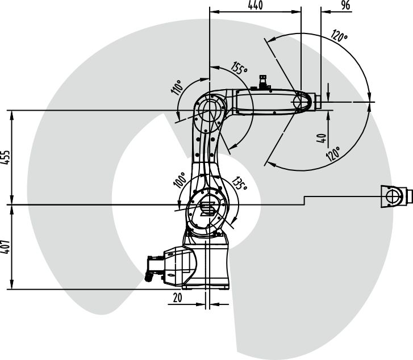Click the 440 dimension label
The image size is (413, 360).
(x=255, y=5)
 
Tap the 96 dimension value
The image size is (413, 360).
(x=345, y=5)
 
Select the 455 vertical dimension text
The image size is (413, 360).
(x=5, y=157)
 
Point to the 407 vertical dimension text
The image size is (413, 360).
(x=5, y=247)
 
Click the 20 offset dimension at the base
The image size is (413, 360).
(x=177, y=298)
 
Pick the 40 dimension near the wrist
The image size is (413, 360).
(x=322, y=138)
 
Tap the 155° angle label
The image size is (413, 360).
(x=239, y=68)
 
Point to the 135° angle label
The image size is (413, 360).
(x=239, y=183)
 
